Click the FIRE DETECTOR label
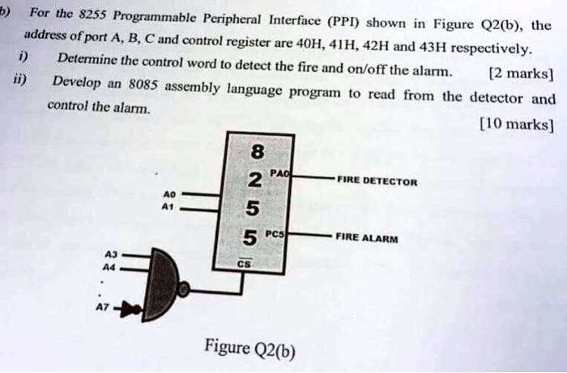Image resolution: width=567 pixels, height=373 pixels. coord(377,182)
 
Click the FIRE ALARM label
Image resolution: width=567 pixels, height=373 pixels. coord(365,238)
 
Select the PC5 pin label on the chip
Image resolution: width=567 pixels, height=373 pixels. coord(278,235)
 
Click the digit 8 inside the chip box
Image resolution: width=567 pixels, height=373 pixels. coord(258,151)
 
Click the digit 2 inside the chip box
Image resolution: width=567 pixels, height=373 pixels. coord(254,180)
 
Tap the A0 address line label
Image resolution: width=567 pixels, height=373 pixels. coord(168,195)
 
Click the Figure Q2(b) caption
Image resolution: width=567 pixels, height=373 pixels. coord(250,349)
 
